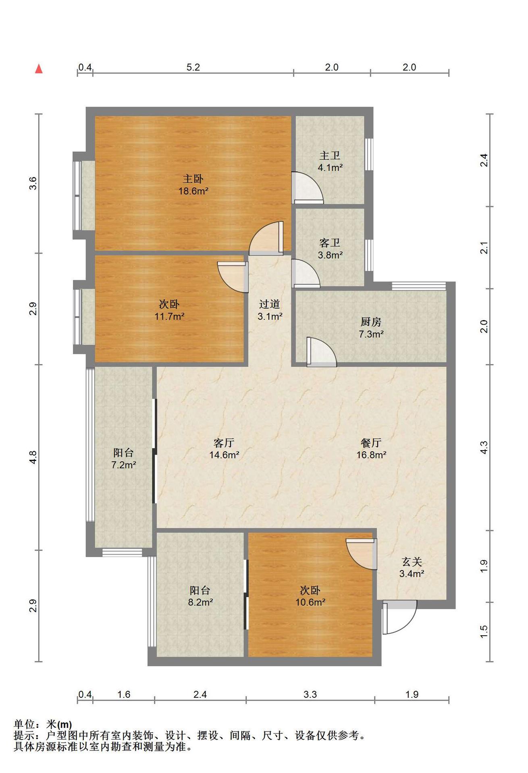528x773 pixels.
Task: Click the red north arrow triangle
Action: pyautogui.click(x=39, y=69)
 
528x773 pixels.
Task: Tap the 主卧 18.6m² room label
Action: pyautogui.click(x=193, y=185)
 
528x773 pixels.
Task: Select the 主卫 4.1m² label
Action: pyautogui.click(x=330, y=161)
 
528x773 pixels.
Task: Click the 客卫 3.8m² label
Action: pyautogui.click(x=330, y=248)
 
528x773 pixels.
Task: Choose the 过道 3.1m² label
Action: pyautogui.click(x=270, y=310)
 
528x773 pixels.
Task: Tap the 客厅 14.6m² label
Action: pyautogui.click(x=224, y=449)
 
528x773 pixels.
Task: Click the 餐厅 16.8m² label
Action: pyautogui.click(x=371, y=449)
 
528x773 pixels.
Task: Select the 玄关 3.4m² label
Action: pyautogui.click(x=412, y=567)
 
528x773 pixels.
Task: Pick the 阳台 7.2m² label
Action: pyautogui.click(x=123, y=459)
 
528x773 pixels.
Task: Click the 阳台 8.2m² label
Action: pyautogui.click(x=200, y=596)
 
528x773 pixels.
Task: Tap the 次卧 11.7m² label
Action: pyautogui.click(x=169, y=310)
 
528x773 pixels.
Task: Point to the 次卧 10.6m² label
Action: pyautogui.click(x=310, y=596)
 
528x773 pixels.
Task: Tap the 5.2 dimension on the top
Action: pyautogui.click(x=193, y=67)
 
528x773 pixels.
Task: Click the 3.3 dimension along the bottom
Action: pyautogui.click(x=310, y=694)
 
